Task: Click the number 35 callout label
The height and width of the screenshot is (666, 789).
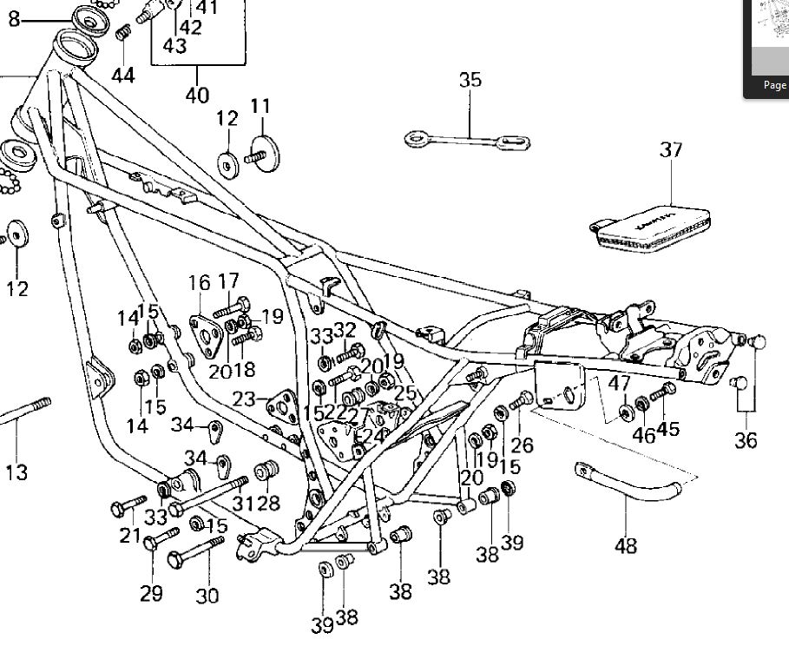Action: [470, 80]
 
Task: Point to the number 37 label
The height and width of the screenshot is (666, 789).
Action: [671, 149]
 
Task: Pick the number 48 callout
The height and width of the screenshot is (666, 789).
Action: [625, 545]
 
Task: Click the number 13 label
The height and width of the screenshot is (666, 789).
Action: [16, 472]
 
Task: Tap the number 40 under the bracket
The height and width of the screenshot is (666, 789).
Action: [197, 95]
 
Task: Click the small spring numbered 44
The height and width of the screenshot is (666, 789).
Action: [122, 34]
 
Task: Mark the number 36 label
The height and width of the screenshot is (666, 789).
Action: [746, 440]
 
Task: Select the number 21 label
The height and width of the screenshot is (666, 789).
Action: [130, 535]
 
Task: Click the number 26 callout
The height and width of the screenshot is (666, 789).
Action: [522, 446]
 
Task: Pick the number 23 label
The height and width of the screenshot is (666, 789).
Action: [245, 399]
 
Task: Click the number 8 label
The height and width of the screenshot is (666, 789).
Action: [14, 17]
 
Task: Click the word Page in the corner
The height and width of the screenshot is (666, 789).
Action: [774, 85]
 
